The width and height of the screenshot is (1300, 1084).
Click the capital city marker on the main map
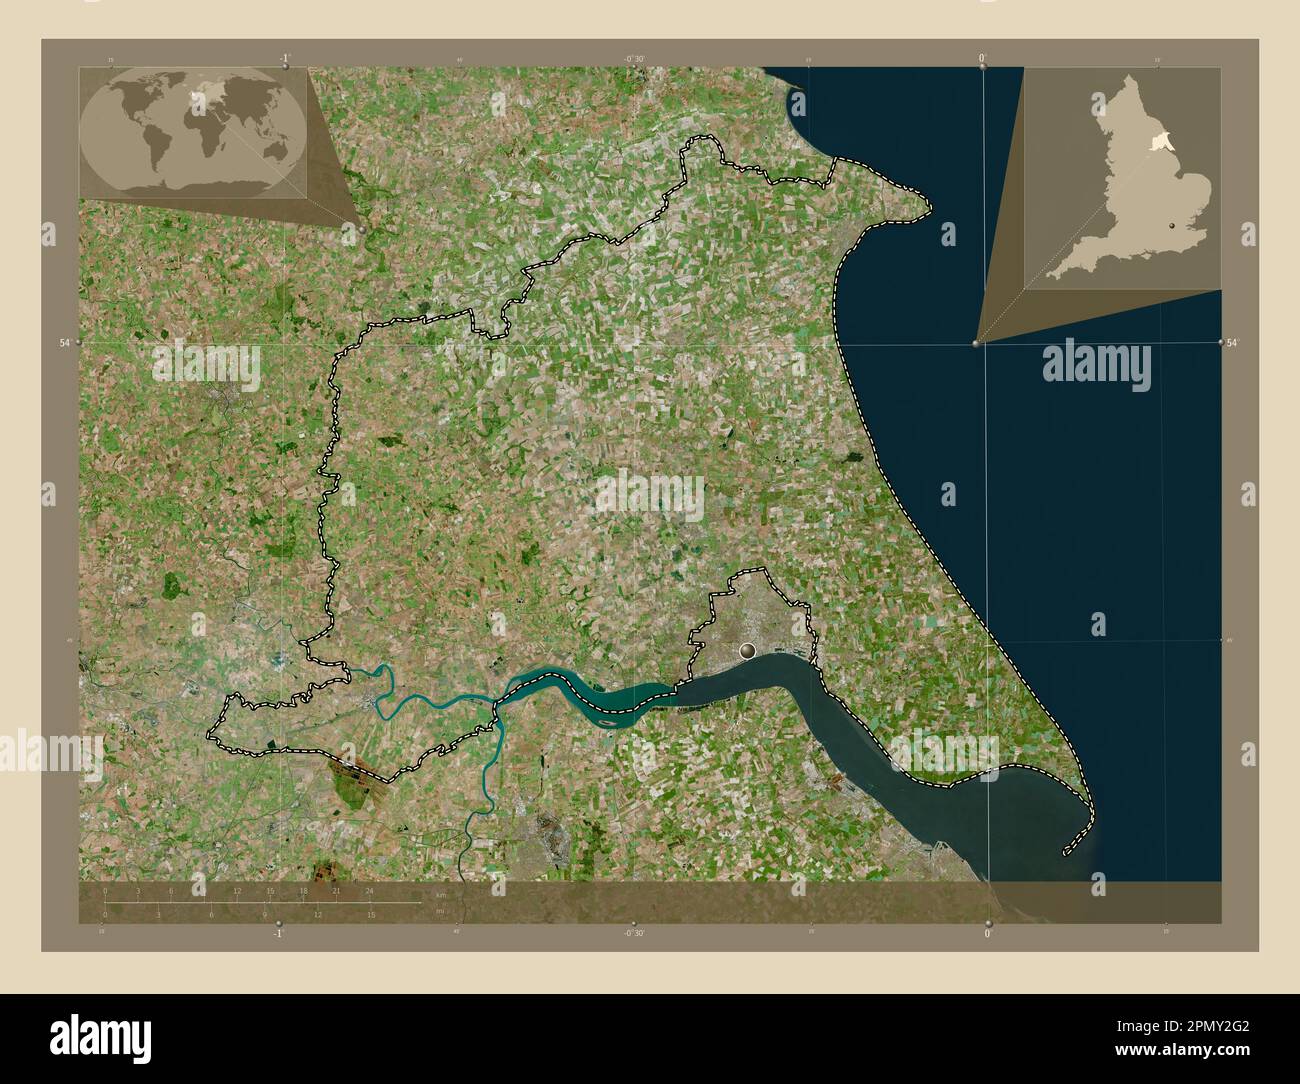(x=746, y=651)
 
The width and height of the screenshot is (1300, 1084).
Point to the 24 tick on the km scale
(x=370, y=890)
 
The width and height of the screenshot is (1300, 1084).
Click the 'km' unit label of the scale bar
(x=440, y=895)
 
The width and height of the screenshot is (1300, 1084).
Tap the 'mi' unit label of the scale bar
(x=439, y=911)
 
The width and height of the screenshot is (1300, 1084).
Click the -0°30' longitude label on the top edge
(x=634, y=59)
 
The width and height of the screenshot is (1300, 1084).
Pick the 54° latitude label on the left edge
(x=64, y=343)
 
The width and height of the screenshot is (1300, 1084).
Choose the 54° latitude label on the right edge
(x=1233, y=343)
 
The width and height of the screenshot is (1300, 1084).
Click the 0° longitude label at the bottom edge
(x=988, y=933)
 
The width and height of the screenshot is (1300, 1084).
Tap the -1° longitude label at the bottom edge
(x=278, y=933)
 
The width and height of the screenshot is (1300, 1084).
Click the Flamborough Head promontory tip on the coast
(x=929, y=207)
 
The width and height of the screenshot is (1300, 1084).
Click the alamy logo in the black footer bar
(x=103, y=1034)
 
